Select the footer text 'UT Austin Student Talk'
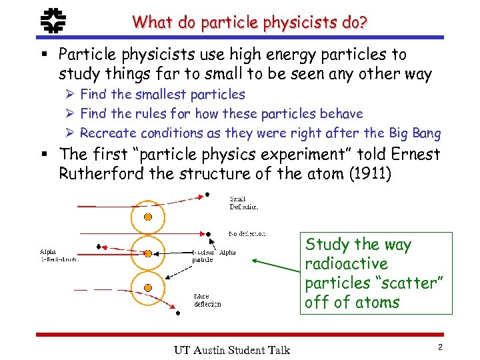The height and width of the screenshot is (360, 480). [231, 349]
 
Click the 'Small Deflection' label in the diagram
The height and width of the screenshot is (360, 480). [243, 203]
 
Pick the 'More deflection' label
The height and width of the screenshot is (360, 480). [207, 301]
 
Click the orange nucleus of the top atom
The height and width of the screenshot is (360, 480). [148, 217]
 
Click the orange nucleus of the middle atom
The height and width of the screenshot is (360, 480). [148, 253]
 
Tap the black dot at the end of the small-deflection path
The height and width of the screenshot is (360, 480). [207, 194]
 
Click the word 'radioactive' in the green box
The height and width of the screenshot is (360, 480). [345, 263]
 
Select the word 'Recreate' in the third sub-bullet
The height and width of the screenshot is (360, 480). [107, 133]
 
